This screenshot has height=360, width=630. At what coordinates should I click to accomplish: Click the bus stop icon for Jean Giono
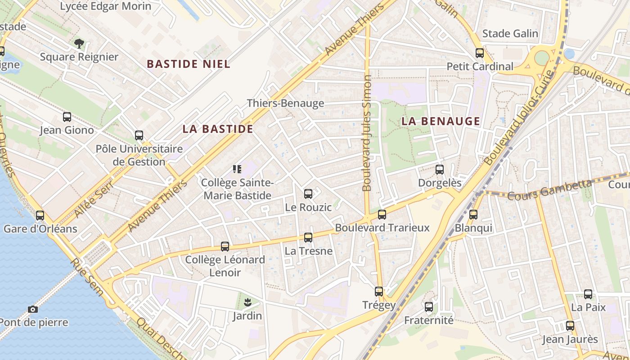[x=67, y=117]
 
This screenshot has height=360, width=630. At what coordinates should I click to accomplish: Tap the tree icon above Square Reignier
[x=79, y=44]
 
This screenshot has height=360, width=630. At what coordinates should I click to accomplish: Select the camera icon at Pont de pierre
[x=32, y=309]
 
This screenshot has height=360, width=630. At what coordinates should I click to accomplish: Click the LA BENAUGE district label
[x=441, y=121]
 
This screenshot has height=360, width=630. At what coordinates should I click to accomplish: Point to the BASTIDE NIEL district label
[x=189, y=64]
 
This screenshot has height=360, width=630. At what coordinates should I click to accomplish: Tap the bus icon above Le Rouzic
[x=308, y=194]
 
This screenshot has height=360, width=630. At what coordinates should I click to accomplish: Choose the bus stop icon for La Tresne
[x=308, y=238]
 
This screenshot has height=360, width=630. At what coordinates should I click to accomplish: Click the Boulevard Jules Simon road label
[x=367, y=133]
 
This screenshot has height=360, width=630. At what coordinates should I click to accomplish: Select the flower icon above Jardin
[x=247, y=302]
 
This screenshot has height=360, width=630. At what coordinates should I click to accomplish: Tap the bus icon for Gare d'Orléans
[x=40, y=216]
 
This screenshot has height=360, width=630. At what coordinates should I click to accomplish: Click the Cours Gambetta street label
[x=549, y=189]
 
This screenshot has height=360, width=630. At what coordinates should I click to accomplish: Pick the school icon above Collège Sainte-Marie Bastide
[x=237, y=169]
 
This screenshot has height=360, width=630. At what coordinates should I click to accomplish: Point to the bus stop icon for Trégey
[x=379, y=292]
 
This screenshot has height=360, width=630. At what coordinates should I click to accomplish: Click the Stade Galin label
[x=510, y=34]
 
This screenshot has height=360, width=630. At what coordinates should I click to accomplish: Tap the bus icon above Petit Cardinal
[x=480, y=53]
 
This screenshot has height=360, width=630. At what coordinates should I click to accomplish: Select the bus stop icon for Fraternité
[x=429, y=307]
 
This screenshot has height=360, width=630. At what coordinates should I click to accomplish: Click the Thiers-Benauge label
[x=285, y=103]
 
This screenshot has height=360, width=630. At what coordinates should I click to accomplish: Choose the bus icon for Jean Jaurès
[x=570, y=326]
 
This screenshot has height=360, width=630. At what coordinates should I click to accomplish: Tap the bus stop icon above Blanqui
[x=473, y=215]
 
